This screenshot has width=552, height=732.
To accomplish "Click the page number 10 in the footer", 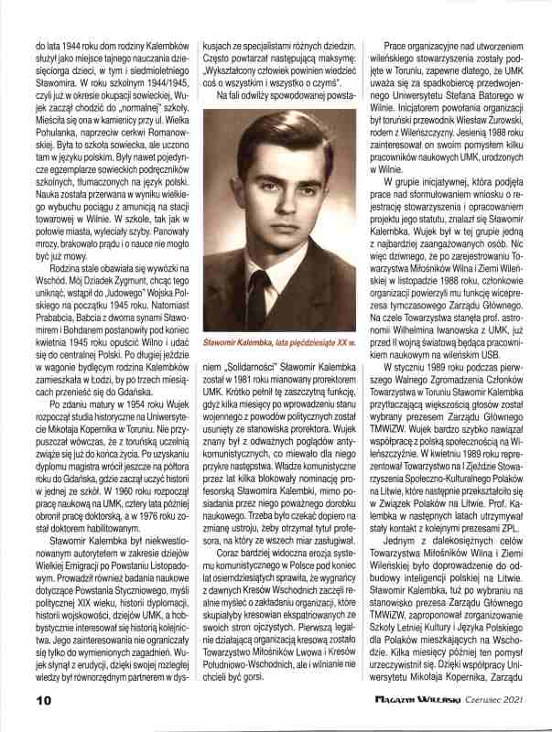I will (17, 700).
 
